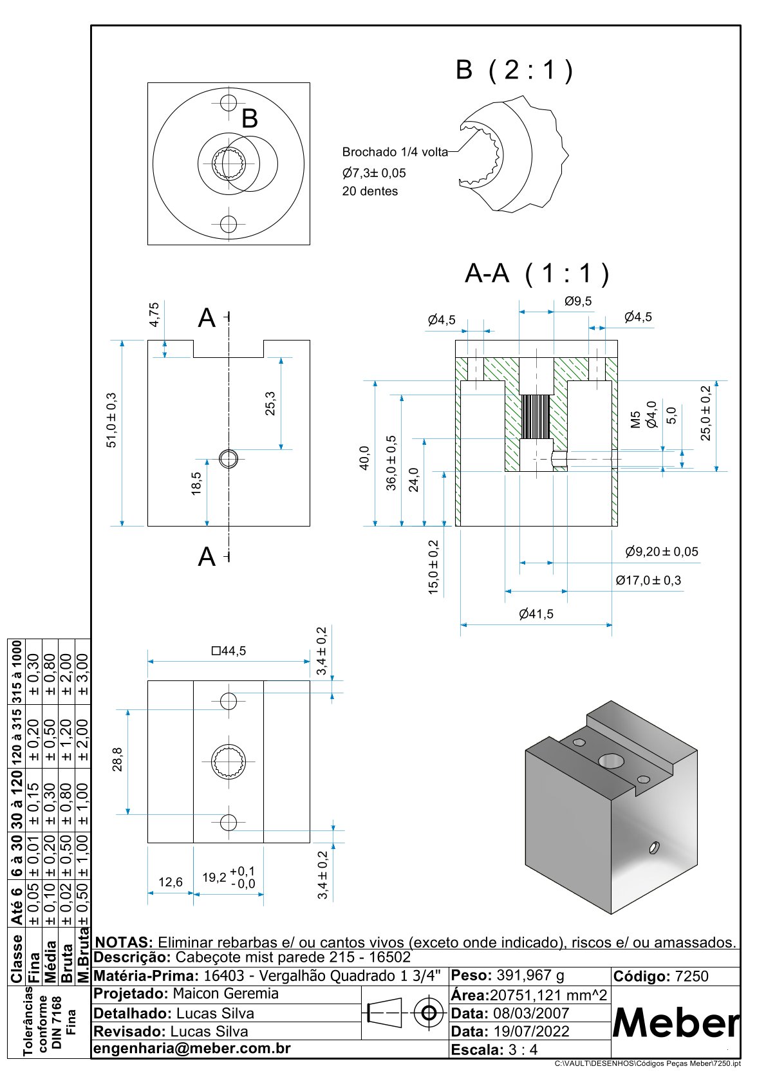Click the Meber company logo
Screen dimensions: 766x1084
click(x=676, y=1023)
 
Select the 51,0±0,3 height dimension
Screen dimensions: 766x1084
click(x=112, y=420)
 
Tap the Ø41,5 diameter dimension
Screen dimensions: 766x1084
click(x=536, y=614)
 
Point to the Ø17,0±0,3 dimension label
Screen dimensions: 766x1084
click(x=648, y=580)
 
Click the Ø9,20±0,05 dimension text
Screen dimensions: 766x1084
click(x=662, y=552)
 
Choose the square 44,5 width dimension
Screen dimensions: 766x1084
click(x=229, y=651)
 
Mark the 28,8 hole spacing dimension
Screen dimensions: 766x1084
click(x=118, y=760)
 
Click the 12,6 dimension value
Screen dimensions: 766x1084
click(x=171, y=883)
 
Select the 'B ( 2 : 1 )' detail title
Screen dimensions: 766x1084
click(x=514, y=70)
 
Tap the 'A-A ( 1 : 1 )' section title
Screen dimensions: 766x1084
click(x=537, y=273)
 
